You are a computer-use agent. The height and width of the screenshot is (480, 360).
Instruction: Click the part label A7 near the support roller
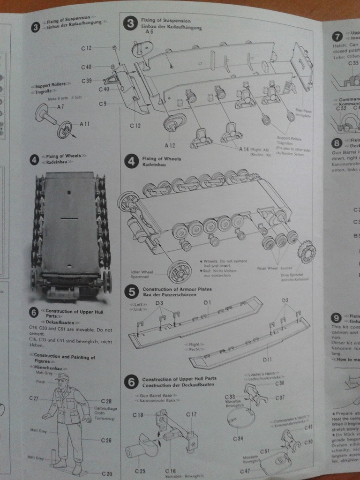(60, 107)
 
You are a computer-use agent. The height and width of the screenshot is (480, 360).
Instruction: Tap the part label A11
(84, 124)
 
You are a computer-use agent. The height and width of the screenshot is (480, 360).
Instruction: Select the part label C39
(86, 81)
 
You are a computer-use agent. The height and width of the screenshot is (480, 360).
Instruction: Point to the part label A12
(170, 146)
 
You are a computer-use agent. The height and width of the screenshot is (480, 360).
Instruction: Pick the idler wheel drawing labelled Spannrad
(180, 271)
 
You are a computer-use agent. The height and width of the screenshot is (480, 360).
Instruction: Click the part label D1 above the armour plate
(208, 303)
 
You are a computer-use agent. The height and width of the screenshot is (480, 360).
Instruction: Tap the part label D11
(268, 360)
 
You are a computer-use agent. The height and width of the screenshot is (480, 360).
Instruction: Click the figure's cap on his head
(61, 377)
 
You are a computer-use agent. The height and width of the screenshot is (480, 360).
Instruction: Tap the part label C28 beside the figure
(106, 401)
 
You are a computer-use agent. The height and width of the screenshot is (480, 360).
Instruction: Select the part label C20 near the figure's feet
(107, 474)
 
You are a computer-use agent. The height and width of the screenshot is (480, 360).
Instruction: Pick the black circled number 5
(131, 292)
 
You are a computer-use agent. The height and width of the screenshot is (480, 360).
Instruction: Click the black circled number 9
(336, 318)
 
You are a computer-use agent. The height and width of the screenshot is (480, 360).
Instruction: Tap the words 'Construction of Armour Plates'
(174, 290)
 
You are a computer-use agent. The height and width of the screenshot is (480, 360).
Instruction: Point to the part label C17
(191, 414)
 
